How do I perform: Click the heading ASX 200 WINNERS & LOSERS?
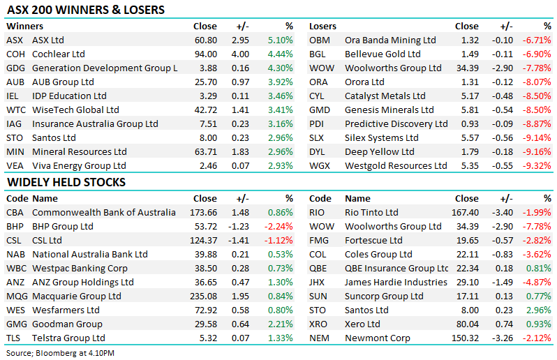pos(86,10)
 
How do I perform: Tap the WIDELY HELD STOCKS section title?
pos(66,182)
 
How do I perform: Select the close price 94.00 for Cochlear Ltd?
pos(205,54)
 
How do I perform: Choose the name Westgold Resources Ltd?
pos(396,165)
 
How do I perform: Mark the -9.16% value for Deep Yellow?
pos(537,151)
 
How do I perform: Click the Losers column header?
pos(323,26)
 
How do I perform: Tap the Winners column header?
pos(24,26)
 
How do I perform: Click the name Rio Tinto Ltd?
pos(371,212)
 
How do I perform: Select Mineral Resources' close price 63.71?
pos(205,151)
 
